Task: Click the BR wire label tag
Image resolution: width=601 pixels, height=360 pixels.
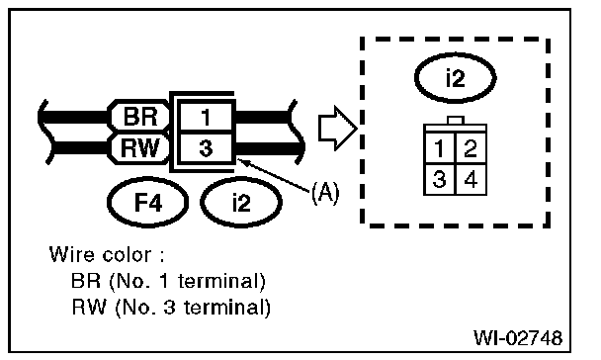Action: pos(140,116)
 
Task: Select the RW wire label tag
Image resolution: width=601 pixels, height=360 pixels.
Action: pos(140,148)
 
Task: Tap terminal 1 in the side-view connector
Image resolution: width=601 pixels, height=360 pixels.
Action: pos(206,117)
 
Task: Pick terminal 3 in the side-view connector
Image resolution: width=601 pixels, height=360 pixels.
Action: pos(206,148)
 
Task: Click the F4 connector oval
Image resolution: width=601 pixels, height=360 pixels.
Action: pos(147,202)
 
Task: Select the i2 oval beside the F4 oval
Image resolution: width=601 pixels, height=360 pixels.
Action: pos(241,202)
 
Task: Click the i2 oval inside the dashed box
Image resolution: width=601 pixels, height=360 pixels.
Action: pos(456,78)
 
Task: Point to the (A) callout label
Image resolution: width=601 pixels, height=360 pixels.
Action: pos(325,192)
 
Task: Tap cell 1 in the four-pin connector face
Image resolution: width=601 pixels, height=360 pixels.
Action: pos(439,148)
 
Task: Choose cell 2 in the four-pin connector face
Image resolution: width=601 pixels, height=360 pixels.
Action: pos(471,148)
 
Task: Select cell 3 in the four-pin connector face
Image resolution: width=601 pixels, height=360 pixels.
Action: pos(439,179)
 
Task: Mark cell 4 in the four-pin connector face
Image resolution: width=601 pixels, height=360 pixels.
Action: pos(471,179)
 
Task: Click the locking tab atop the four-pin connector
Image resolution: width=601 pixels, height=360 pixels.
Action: pos(456,121)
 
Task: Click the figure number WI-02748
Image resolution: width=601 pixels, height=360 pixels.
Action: pos(518,338)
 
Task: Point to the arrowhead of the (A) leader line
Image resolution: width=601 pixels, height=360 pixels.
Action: pos(239,160)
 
